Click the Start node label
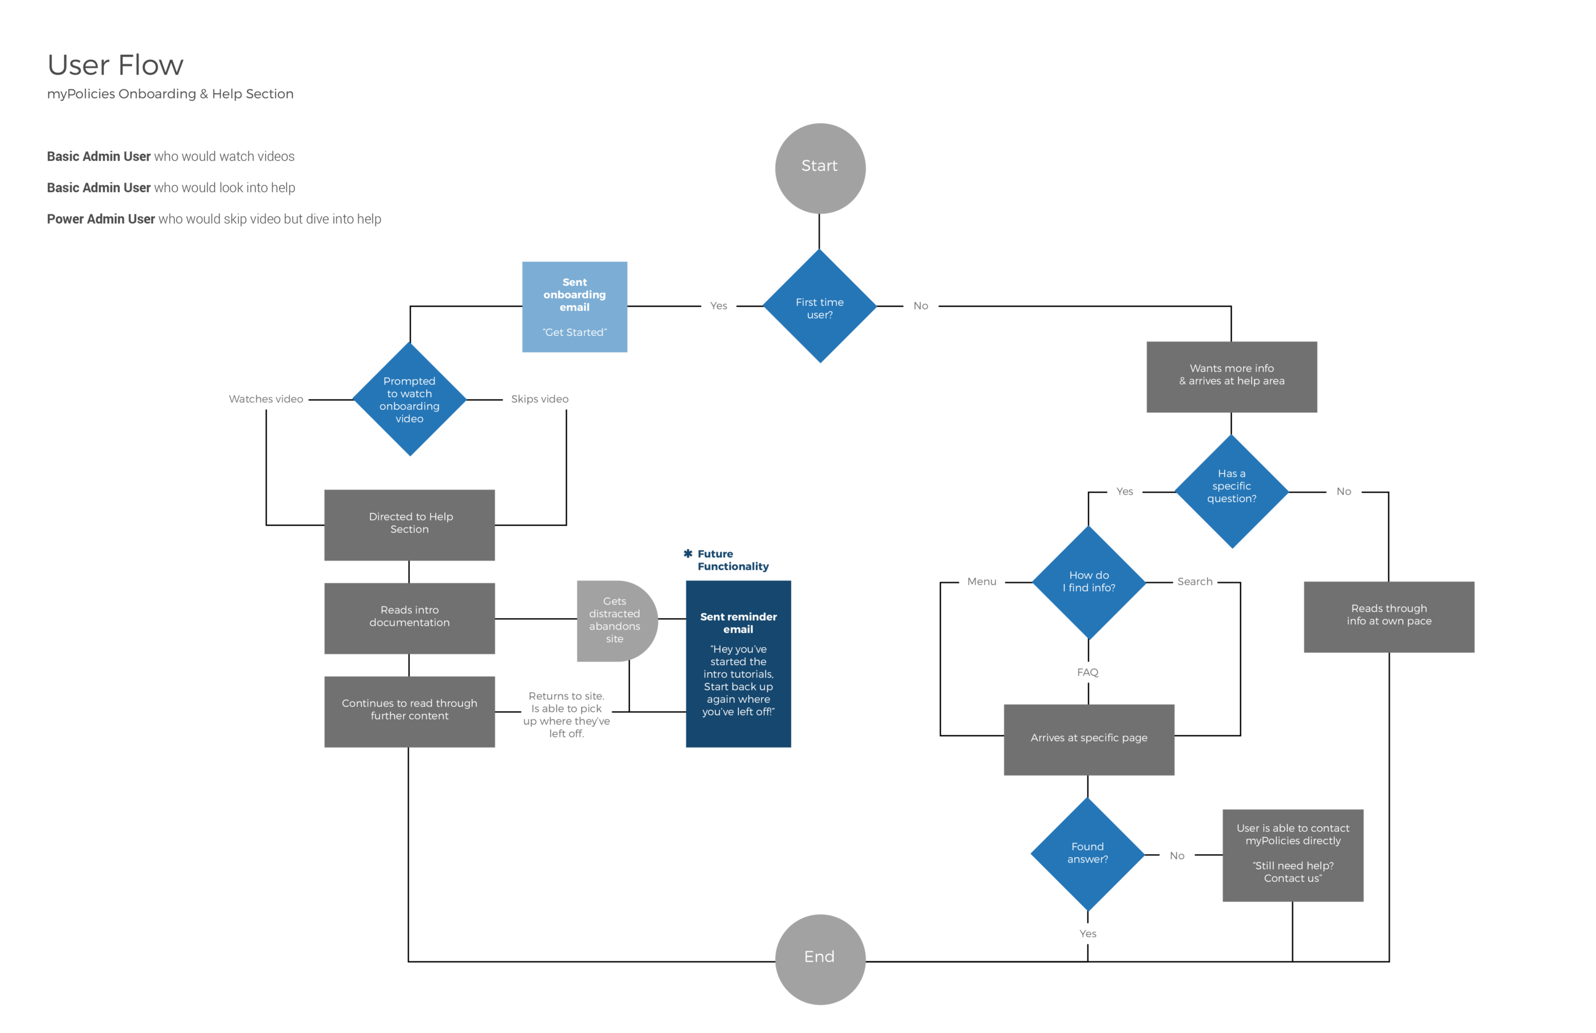[x=819, y=166]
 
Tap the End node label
[x=819, y=956]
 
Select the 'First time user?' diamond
[x=820, y=308]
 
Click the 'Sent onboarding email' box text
[x=575, y=295]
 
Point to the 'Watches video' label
[x=266, y=399]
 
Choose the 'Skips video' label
[x=540, y=399]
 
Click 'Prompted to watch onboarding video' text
[x=409, y=400]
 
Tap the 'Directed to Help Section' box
[x=410, y=522]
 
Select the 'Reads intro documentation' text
[x=409, y=615]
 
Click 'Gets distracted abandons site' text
[x=614, y=620]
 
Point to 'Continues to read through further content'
[x=409, y=709]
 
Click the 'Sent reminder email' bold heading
[x=739, y=622]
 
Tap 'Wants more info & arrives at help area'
[x=1232, y=374]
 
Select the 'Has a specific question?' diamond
[x=1232, y=486]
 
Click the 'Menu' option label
[x=982, y=582]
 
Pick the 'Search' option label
[x=1195, y=582]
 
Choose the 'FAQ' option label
[x=1088, y=672]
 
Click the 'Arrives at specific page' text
[x=1089, y=738]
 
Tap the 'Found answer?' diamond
[x=1087, y=852]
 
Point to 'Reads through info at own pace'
[x=1389, y=614]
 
